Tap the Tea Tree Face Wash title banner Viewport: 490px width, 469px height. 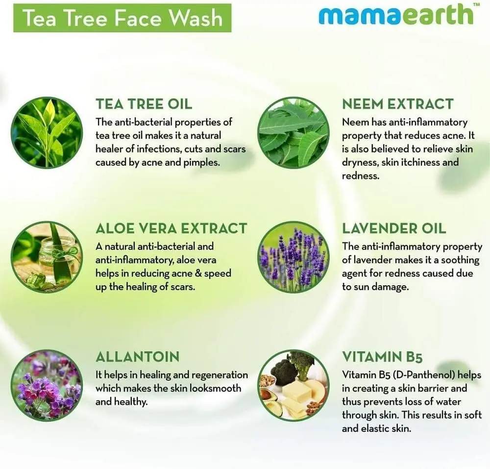coord(122,18)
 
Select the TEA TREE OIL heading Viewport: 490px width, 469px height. coord(144,104)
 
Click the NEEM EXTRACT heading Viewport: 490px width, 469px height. coord(397,104)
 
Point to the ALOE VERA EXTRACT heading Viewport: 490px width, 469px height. coord(171,228)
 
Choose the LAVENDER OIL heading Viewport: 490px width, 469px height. coord(394,228)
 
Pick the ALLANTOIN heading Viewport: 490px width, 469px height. coord(138,357)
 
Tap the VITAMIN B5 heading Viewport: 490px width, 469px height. coord(382,357)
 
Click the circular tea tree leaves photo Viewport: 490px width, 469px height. coord(47,132)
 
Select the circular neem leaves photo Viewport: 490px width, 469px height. coord(294,132)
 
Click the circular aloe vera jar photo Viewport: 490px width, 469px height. coord(47,257)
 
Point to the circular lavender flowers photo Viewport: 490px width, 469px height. coord(294,257)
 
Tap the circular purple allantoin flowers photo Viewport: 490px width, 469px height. coord(47,385)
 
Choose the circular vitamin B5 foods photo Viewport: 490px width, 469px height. coord(294,385)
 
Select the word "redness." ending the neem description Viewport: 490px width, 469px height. coord(360,176)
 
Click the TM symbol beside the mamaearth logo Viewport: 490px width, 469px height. coord(477,4)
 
